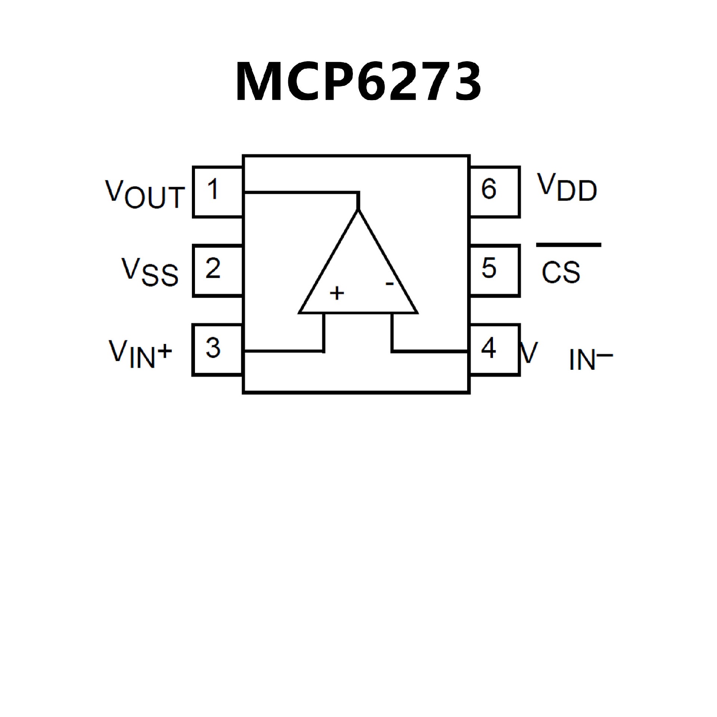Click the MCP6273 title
(x=358, y=81)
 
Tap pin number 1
(x=213, y=189)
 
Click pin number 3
(x=213, y=348)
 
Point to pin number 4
(x=488, y=348)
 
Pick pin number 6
(x=489, y=189)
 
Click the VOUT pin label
(x=145, y=194)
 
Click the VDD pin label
(x=567, y=188)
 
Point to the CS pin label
(x=561, y=272)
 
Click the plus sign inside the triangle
(x=337, y=293)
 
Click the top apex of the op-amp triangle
(x=358, y=212)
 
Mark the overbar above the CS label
(x=568, y=245)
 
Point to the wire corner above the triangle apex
(x=358, y=193)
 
